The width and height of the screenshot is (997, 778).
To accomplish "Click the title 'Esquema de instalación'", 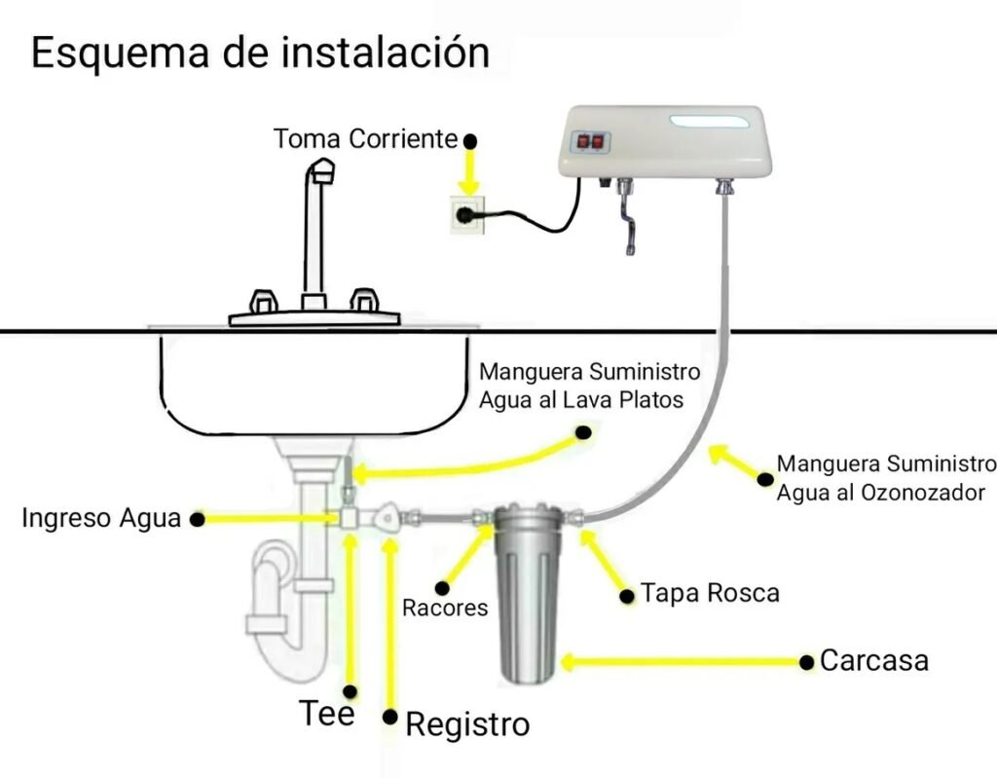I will point(260,54).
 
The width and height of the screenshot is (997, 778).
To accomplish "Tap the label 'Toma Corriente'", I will point(365,138).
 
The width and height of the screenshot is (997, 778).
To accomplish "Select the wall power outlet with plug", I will point(468,213).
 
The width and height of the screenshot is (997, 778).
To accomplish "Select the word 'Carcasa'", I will point(874,661).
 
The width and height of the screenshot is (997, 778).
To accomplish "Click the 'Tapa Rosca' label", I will point(710,593).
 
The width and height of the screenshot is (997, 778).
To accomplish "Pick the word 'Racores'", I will point(445,609).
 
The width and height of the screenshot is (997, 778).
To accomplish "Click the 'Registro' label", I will point(467,724).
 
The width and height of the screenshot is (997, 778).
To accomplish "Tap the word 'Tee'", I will point(327,714).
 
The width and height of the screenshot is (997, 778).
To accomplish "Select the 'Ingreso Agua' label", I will point(101,518).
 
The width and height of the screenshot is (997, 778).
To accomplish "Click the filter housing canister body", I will point(527,604).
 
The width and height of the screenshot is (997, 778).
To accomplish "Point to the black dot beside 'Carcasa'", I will point(806,662).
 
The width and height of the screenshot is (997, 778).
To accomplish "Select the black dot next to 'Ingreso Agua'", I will point(197,520).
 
